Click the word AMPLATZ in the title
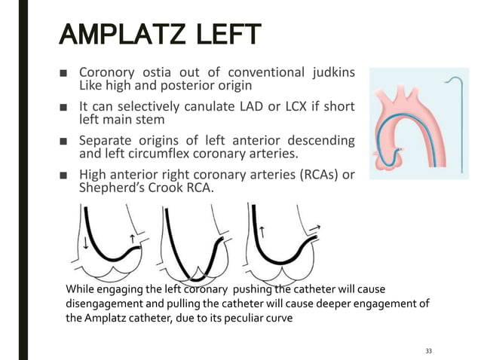coord(121,36)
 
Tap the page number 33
coord(429,351)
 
